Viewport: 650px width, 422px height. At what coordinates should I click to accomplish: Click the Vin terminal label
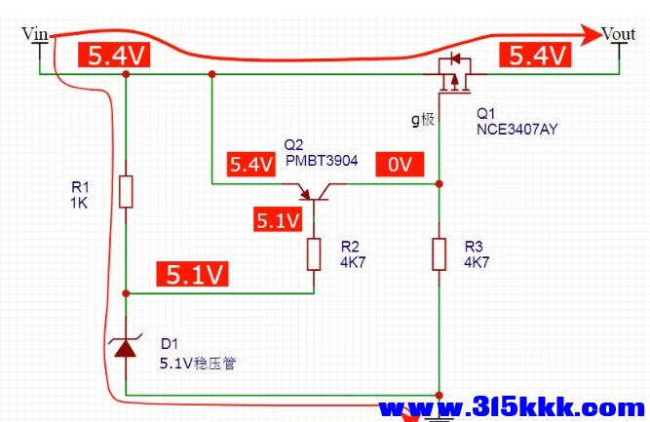pos(35,34)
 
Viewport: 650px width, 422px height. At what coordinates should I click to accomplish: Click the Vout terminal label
pos(618,34)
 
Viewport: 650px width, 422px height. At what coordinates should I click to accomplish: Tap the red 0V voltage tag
pos(400,164)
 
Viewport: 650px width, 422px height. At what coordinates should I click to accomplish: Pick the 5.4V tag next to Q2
pos(251,165)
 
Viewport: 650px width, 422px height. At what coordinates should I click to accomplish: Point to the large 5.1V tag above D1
pos(192,274)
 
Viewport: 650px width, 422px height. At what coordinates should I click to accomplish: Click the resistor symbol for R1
pos(126,192)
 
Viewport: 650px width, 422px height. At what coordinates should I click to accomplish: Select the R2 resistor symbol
pos(314,254)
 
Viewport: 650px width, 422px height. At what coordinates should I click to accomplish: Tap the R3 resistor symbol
pos(439,254)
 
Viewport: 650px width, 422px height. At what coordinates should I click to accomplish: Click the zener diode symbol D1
pos(126,347)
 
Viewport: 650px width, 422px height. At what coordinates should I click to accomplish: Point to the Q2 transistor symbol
pos(314,192)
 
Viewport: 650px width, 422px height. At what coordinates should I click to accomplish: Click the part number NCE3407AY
pos(516,130)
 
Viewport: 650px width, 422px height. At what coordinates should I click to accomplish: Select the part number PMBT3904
pos(322,161)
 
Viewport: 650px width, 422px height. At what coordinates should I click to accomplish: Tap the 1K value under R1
pos(79,203)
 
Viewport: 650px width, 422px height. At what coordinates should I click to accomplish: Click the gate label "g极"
pos(423,119)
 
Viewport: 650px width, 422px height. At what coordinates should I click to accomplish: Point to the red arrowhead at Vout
pos(590,35)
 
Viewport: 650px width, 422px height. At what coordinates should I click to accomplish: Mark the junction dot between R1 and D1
pos(126,293)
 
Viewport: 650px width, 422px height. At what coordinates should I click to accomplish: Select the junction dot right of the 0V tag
pos(440,183)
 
